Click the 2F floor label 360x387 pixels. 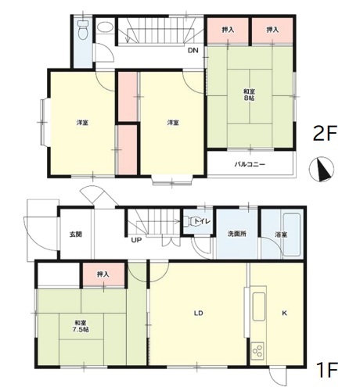325,133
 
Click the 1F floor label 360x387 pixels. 327,370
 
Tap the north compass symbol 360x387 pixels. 322,169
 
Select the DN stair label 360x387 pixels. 193,50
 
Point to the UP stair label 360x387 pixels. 136,240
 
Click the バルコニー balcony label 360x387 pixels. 250,164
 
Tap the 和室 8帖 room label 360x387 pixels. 250,95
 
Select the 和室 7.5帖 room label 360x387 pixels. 81,326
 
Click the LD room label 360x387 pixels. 199,313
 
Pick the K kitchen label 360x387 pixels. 284,313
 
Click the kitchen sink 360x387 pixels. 259,306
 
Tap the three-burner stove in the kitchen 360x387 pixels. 257,350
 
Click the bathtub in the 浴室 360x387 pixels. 292,235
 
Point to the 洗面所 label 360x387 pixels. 236,234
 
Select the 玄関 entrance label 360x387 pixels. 76,235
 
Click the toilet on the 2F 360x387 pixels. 83,30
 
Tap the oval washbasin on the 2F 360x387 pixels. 105,27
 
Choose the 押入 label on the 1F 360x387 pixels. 103,274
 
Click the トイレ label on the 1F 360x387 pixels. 202,221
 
